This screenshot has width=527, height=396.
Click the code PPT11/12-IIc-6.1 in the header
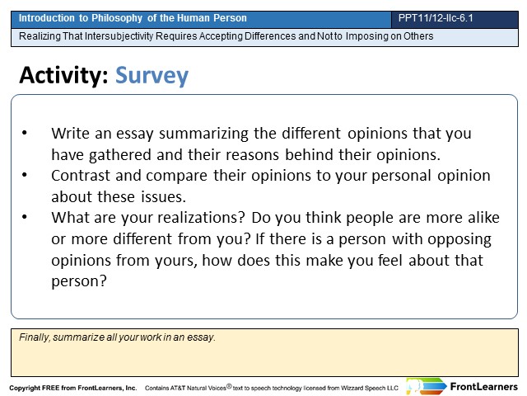point(436,18)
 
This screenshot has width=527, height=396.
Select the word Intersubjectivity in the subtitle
point(119,36)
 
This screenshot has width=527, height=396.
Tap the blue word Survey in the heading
point(152,76)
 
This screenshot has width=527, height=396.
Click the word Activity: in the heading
point(63,75)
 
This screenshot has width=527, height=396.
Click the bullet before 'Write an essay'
point(25,133)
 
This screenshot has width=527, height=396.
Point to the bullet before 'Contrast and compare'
point(25,175)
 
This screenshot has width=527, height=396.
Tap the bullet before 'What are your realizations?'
point(25,217)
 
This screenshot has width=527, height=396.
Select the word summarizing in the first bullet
point(203,134)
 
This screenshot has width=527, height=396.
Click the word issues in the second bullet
point(162,196)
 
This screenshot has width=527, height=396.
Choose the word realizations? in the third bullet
point(201,218)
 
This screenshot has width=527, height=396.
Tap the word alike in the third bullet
point(483,218)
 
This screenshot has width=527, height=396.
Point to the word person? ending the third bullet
point(79,281)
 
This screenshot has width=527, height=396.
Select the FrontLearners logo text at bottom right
point(483,387)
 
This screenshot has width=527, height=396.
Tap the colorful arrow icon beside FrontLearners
point(427,387)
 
